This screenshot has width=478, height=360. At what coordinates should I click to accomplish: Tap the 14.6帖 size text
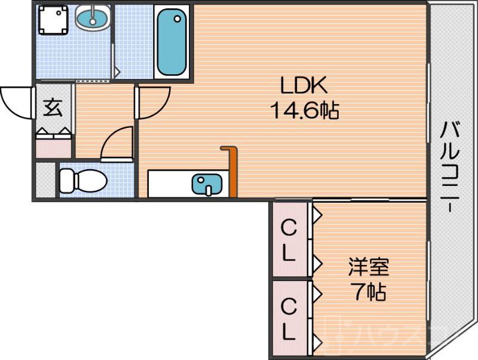click(304, 110)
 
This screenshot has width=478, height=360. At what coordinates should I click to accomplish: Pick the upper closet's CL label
click(289, 241)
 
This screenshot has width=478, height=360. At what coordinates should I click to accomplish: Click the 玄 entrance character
click(53, 108)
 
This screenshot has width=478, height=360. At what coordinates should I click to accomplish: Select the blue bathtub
click(171, 42)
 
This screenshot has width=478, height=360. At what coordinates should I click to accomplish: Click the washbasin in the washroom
click(93, 19)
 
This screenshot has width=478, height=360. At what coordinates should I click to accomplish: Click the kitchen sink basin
click(207, 184)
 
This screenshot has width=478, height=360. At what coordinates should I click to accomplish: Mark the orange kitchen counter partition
click(231, 170)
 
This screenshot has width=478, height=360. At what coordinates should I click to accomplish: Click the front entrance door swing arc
click(17, 102)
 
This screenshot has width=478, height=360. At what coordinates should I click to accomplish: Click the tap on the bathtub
click(177, 19)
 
